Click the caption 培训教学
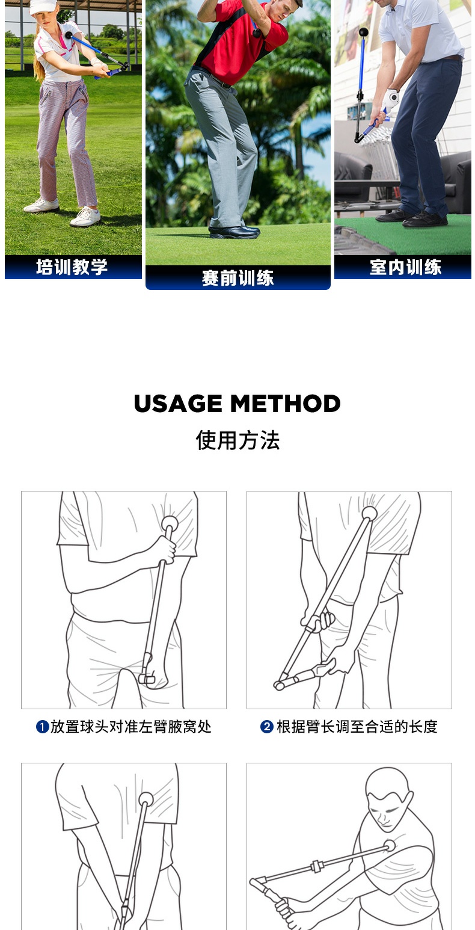point(72,267)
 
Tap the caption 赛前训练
point(237,278)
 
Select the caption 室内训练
point(405,267)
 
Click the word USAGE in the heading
point(178,404)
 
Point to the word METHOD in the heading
point(285,404)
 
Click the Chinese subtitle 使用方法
point(237,440)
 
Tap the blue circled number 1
point(42,727)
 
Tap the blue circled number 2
point(267,727)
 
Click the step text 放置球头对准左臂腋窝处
point(131,727)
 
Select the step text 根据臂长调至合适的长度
point(357,727)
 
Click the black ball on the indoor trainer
point(363,32)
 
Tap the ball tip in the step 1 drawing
point(170,523)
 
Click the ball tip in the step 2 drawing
point(369,514)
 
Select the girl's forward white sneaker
point(85,217)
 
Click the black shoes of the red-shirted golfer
point(234,232)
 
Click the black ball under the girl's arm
point(69,35)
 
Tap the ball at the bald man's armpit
point(390,845)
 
